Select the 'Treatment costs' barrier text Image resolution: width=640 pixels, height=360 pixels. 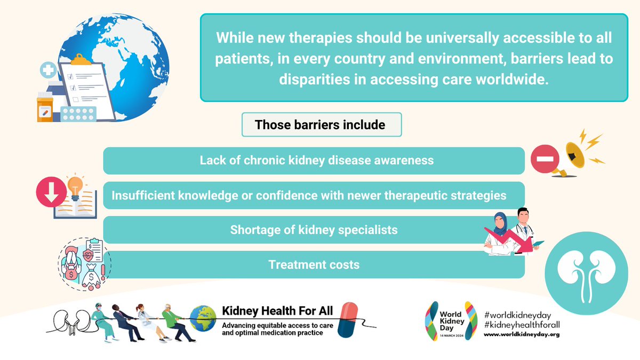tap(314, 265)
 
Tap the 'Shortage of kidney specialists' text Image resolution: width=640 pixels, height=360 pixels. tap(314, 230)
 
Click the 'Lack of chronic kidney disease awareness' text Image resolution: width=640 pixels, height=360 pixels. tap(316, 160)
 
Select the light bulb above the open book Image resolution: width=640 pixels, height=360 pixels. tap(74, 186)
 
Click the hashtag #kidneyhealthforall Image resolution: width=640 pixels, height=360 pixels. tap(521, 324)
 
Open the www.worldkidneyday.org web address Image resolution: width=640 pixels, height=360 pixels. tap(521, 334)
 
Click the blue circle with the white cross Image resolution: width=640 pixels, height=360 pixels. tap(49, 70)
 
